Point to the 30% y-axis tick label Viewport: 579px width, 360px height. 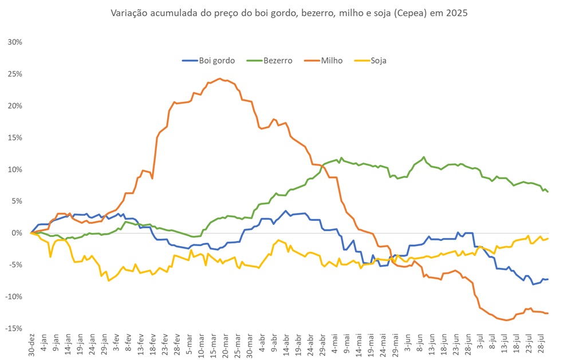[x=14, y=42]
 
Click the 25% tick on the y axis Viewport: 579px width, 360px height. [x=14, y=74]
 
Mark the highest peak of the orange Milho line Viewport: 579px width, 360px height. [x=220, y=79]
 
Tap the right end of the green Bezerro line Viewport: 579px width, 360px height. [x=548, y=192]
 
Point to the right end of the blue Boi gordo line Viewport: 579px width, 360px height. [x=548, y=279]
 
